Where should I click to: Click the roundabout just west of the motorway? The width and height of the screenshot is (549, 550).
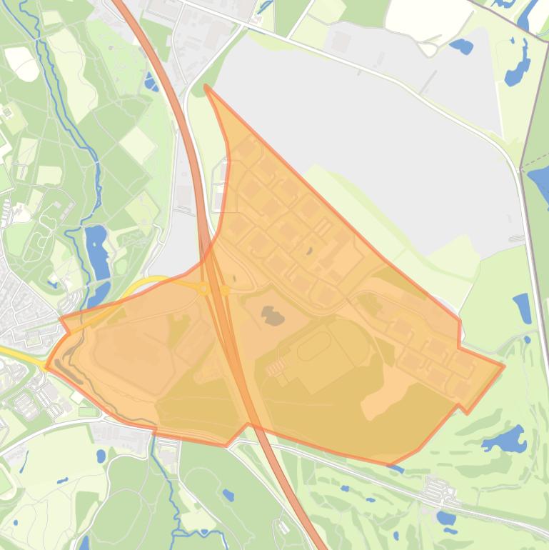coord(204,289)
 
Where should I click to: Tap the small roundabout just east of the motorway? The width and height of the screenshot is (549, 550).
coord(225,290)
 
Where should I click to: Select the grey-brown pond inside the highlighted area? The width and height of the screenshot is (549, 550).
coord(272,315)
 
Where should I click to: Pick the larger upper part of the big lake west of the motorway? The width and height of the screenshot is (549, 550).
coord(96,251)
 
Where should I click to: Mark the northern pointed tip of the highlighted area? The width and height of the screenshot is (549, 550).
coord(206,86)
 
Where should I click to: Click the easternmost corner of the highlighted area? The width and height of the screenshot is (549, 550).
coord(504,366)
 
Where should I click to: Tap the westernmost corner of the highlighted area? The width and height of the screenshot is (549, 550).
coord(46,367)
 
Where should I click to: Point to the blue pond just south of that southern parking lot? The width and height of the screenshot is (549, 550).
coord(446,517)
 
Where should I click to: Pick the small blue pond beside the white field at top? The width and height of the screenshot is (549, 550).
coord(461,47)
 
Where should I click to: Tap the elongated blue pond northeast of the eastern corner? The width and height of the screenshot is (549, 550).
coord(523,308)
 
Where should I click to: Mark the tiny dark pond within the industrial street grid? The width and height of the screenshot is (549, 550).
coord(309,251)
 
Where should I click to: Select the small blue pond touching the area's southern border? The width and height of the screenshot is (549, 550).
coord(395,469)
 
